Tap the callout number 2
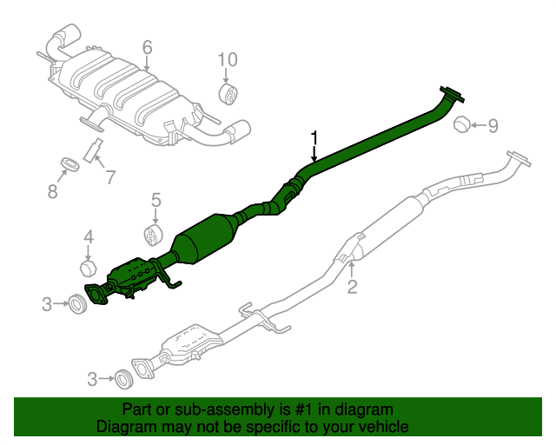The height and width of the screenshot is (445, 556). [x=352, y=287]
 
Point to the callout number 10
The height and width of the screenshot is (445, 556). [x=227, y=59]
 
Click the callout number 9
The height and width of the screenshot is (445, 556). [x=493, y=126]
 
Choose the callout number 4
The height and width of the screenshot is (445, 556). [x=88, y=236]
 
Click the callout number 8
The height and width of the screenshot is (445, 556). [x=52, y=191]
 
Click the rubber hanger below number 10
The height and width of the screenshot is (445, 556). [x=228, y=94]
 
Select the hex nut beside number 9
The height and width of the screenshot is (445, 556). [x=464, y=126]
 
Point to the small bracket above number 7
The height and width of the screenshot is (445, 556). [x=93, y=149]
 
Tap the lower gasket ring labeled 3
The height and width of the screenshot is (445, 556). [x=123, y=378]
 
